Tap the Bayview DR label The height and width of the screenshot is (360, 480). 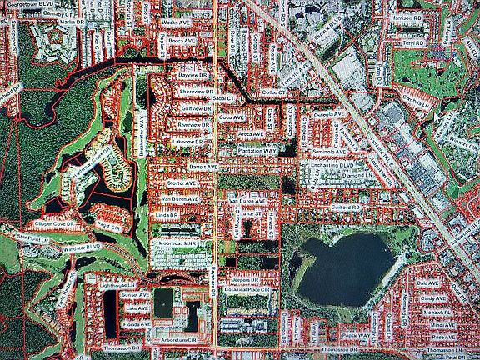point(191,74)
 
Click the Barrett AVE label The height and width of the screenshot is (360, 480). point(203,167)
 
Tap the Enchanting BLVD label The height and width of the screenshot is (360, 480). point(332,167)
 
